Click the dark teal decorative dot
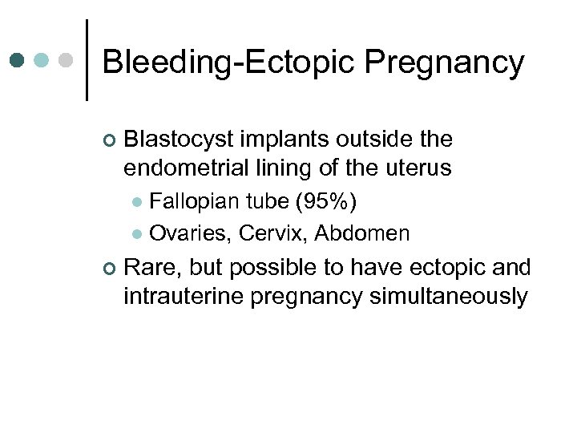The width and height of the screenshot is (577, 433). click(x=18, y=60)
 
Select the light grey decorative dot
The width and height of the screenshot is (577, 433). click(x=67, y=60)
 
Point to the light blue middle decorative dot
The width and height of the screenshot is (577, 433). click(x=42, y=60)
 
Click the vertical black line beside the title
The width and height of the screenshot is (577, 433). click(x=87, y=60)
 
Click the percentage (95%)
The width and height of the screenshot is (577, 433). click(x=326, y=201)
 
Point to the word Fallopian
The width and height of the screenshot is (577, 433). click(x=190, y=201)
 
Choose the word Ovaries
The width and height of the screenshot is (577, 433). click(x=185, y=234)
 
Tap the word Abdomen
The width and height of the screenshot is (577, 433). click(x=361, y=234)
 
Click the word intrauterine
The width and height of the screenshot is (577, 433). click(x=184, y=297)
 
